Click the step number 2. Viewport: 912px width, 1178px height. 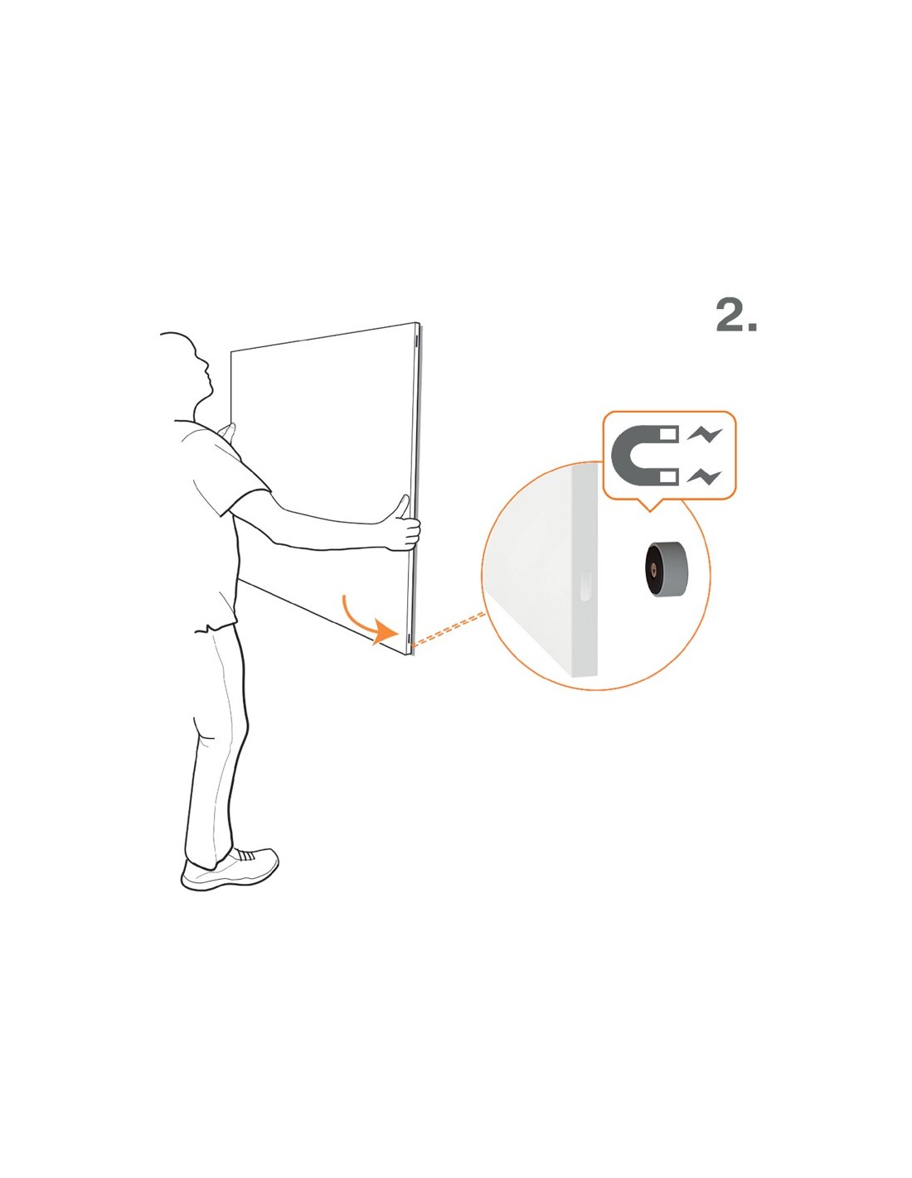[x=736, y=316]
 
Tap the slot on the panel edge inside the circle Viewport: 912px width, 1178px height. [x=584, y=586]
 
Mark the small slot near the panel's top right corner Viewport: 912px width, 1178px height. [x=416, y=341]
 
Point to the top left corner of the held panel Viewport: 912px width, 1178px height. [x=231, y=352]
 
